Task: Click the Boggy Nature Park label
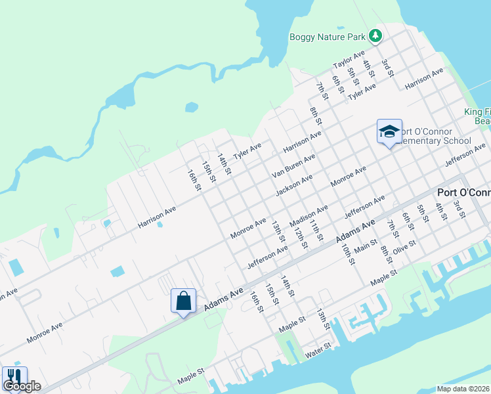(327, 37)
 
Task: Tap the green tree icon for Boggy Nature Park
(375, 35)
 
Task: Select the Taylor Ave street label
(348, 60)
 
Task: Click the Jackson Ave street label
(294, 185)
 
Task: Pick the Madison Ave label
(309, 217)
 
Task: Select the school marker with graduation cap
(389, 131)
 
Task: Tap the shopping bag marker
(184, 301)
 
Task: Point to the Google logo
(22, 386)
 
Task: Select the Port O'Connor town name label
(463, 192)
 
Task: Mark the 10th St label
(347, 252)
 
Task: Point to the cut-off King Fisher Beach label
(477, 116)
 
